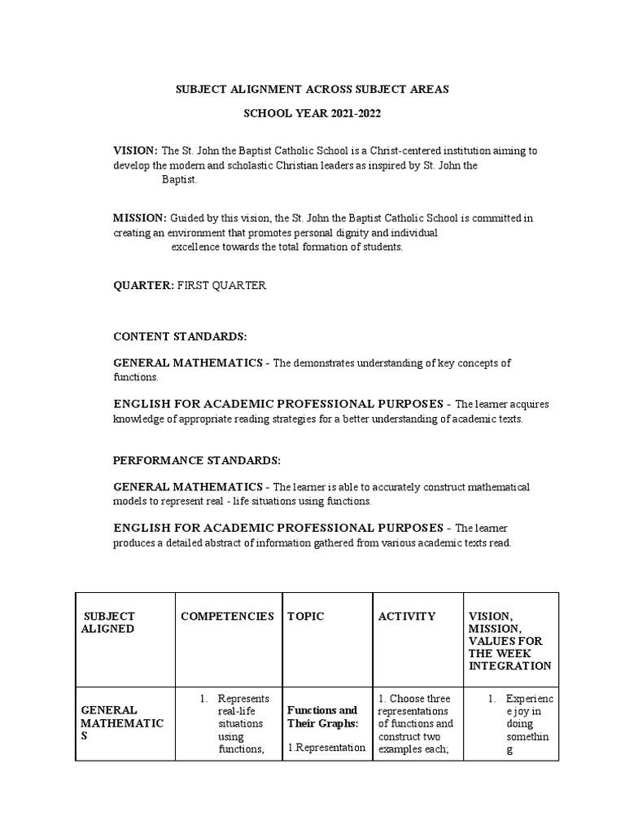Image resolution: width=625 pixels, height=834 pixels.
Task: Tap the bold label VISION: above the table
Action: pos(135,151)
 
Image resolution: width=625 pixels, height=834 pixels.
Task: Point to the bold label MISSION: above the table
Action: pos(140,218)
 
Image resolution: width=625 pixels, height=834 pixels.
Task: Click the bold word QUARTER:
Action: pos(143,286)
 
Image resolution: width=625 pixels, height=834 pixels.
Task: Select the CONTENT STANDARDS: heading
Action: pos(180,336)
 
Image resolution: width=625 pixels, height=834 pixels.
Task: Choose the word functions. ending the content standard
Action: pos(136,377)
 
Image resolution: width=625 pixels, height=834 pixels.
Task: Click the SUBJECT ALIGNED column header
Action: pos(109,622)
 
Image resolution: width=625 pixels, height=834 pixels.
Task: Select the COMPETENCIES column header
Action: pos(227,617)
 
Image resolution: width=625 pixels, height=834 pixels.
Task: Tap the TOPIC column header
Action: pos(306,617)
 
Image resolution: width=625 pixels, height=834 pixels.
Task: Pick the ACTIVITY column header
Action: pos(407,617)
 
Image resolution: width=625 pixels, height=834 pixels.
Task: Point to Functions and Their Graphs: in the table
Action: pos(322,717)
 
